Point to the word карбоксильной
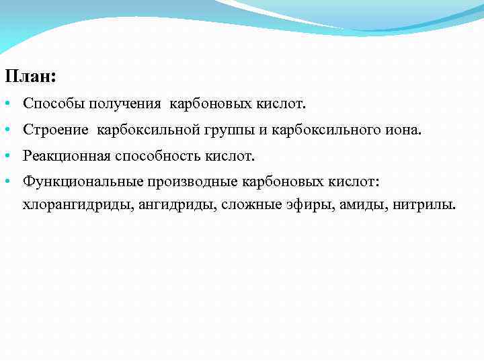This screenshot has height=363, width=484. pos(143,130)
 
